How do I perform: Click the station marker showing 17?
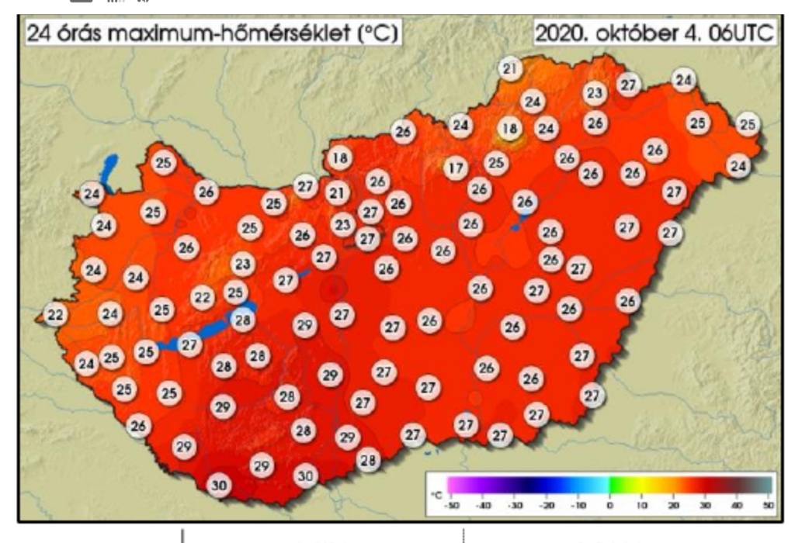pos(457,167)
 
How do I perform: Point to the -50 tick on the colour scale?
pos(451,505)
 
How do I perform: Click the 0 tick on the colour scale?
pos(609,505)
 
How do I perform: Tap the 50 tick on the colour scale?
pos(769,505)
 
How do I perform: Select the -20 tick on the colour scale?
pos(547,505)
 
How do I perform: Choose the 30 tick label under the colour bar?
pos(705,505)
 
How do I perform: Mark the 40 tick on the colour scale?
pos(737,505)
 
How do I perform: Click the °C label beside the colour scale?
pos(436,493)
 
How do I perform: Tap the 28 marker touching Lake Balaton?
pos(243,319)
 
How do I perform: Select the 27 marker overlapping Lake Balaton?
pos(189,344)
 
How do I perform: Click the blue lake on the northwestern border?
pos(109,171)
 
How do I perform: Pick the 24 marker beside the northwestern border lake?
pos(92,193)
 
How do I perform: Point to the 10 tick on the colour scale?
pos(641,505)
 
